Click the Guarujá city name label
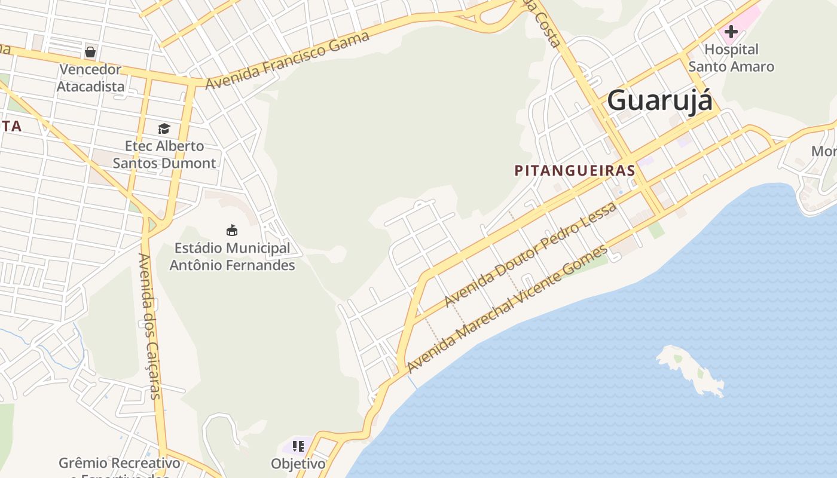point(659,100)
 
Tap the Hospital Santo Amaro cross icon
point(731,32)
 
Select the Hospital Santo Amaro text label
point(731,58)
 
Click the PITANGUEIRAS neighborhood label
point(575,170)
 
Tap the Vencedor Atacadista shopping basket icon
point(90,52)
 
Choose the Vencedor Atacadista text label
point(91,78)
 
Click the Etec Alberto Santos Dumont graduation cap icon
point(164,128)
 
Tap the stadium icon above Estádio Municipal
point(232,230)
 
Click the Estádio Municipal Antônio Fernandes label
point(233,256)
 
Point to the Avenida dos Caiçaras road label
point(149,326)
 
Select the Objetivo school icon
point(298,446)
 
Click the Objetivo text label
point(298,464)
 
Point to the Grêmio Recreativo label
point(119,464)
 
